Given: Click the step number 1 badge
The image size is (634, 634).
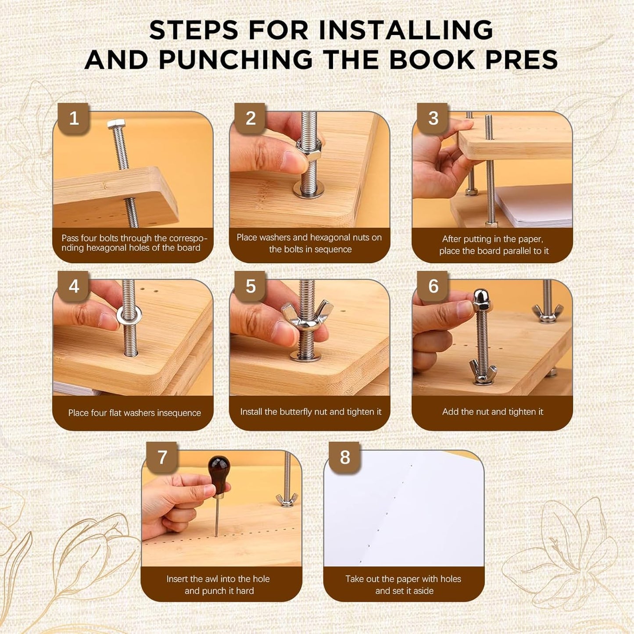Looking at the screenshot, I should (x=74, y=118).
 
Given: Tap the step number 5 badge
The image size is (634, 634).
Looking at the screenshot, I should (x=251, y=287).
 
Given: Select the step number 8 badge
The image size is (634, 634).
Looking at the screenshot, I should (x=345, y=458).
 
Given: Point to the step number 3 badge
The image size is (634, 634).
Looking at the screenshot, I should (x=433, y=118).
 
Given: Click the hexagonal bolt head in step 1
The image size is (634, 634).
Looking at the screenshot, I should (x=116, y=124).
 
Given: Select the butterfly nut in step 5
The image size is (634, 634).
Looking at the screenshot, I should (x=307, y=313).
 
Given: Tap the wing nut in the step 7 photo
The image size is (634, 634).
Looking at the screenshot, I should (x=287, y=499).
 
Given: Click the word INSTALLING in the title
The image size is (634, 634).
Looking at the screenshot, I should (x=406, y=30).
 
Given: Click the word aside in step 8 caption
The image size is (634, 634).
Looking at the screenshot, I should (x=423, y=591).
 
